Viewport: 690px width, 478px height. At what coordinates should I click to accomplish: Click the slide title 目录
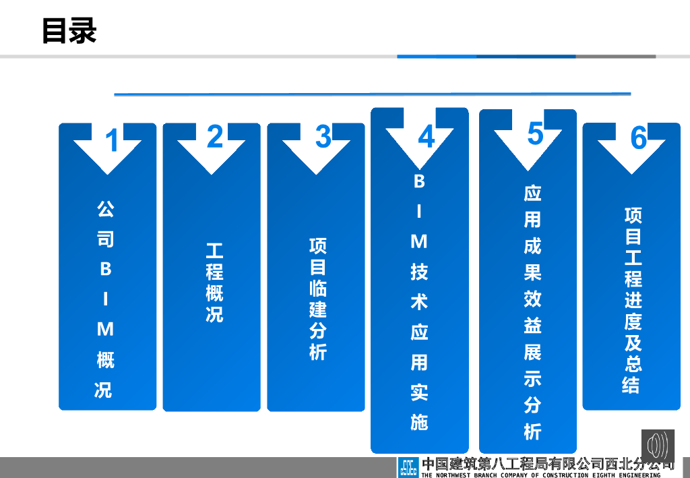(x=69, y=30)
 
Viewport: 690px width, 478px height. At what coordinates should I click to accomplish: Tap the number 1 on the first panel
(x=113, y=141)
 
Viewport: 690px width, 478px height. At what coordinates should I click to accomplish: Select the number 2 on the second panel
(x=215, y=137)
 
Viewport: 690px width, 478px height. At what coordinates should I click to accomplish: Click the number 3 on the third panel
(x=323, y=137)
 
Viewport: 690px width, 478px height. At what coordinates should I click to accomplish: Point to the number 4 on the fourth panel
(x=426, y=138)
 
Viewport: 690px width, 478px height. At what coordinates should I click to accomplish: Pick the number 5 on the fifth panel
(x=535, y=133)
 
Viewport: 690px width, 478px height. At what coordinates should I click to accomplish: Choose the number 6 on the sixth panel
(x=638, y=138)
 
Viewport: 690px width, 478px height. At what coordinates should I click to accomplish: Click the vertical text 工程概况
(x=214, y=283)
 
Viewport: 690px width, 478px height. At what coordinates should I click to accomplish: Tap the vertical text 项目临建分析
(x=318, y=299)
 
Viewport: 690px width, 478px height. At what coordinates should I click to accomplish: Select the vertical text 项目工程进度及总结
(x=633, y=300)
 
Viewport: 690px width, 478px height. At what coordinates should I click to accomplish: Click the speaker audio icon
(x=658, y=446)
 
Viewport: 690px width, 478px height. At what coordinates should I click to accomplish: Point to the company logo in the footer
(x=408, y=467)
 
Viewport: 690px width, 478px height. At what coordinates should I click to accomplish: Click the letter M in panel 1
(x=106, y=330)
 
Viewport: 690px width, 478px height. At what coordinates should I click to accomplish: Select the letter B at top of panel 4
(x=419, y=181)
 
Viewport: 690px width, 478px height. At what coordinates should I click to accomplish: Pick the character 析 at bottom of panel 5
(x=533, y=431)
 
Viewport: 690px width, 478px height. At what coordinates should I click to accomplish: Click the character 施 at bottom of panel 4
(x=419, y=422)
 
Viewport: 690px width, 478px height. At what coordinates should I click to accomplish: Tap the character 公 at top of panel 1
(x=106, y=209)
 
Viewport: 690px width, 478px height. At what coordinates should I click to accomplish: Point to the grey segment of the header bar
(x=615, y=57)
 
